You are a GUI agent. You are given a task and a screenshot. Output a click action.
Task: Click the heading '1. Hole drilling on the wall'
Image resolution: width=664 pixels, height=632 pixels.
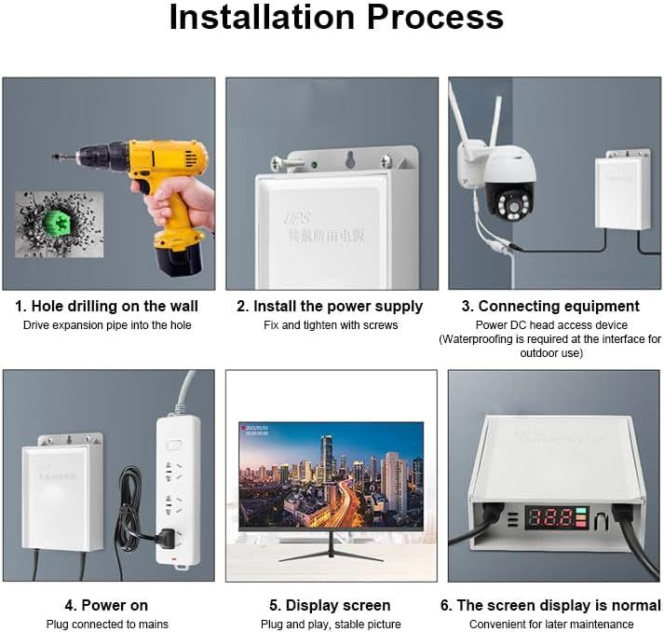[107, 306]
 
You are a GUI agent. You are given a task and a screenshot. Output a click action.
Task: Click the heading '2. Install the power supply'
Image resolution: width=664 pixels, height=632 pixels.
[330, 306]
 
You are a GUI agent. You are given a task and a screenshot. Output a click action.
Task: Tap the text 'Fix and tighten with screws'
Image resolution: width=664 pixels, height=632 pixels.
[330, 325]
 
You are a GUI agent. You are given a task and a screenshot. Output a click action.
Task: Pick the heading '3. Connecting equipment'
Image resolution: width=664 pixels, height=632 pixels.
[559, 306]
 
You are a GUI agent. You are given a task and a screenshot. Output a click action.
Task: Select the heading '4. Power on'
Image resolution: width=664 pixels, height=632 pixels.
[107, 605]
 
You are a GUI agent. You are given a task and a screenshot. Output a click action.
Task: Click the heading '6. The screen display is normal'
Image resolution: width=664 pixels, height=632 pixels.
[552, 605]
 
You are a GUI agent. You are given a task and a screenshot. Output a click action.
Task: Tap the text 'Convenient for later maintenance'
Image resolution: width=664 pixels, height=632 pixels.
[551, 624]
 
